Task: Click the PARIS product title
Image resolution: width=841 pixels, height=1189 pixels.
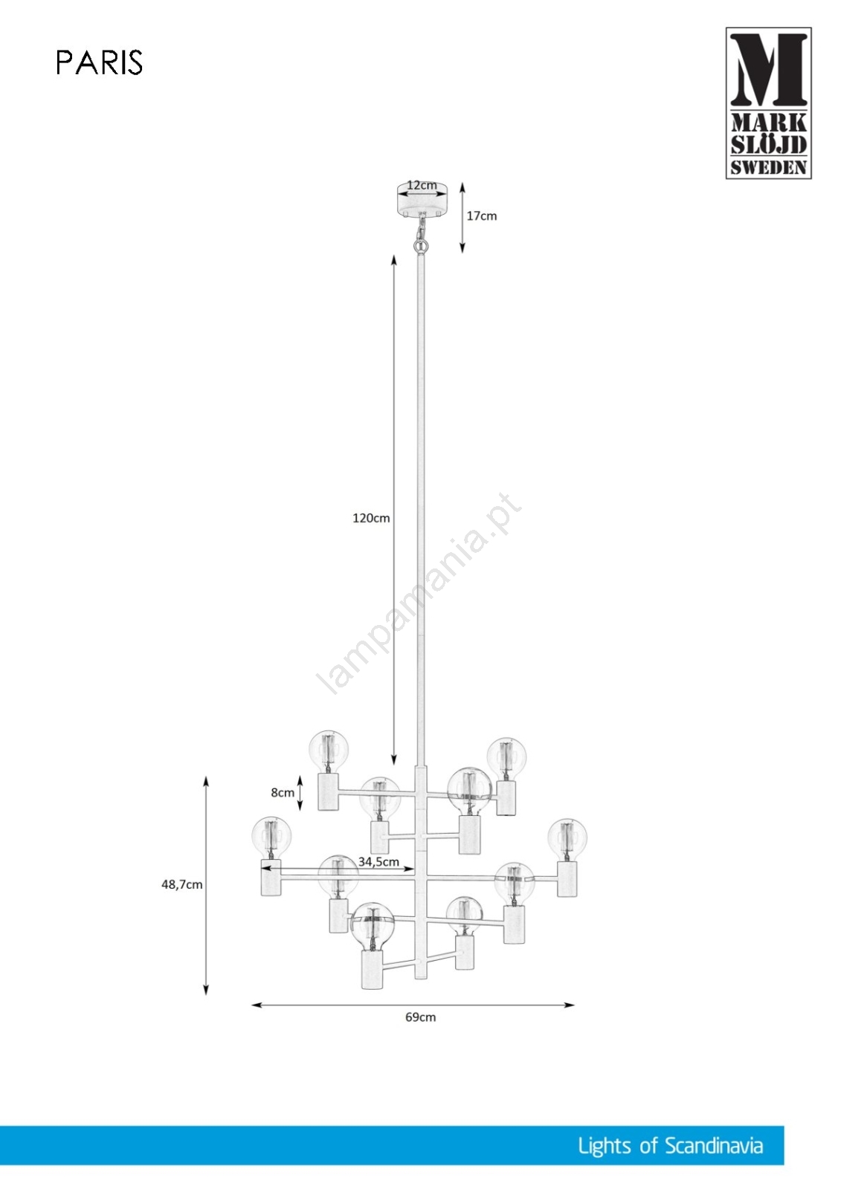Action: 100,62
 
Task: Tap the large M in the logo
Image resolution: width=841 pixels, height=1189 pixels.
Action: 768,70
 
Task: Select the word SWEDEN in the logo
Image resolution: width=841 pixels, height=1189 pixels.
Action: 768,168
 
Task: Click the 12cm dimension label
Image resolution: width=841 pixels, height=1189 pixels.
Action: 422,185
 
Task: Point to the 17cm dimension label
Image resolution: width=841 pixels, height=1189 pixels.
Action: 481,216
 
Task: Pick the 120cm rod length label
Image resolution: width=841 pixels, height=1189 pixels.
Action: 371,518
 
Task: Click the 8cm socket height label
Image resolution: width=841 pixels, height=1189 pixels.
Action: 283,792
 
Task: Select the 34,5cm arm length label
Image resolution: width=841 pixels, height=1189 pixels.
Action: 378,861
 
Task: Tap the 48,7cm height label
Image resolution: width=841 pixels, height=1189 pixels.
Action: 181,885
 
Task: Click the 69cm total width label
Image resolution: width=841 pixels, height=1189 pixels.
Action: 420,1017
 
